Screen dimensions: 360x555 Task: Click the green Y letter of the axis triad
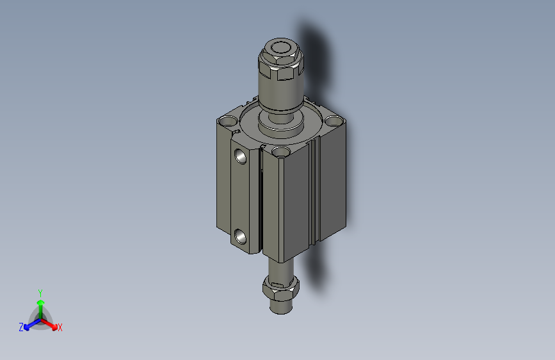tap(40, 291)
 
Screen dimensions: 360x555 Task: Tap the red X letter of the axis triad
tap(60, 327)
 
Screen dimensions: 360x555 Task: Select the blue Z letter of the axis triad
tap(21, 327)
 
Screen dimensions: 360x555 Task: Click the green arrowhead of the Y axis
tap(40, 301)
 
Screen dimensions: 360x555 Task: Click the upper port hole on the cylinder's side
tap(241, 156)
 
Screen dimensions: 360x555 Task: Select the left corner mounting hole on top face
tap(227, 120)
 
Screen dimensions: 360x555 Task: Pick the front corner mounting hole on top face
tap(280, 152)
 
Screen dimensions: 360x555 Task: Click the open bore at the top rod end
tap(280, 48)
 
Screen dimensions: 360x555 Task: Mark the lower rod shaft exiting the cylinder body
tap(279, 266)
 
